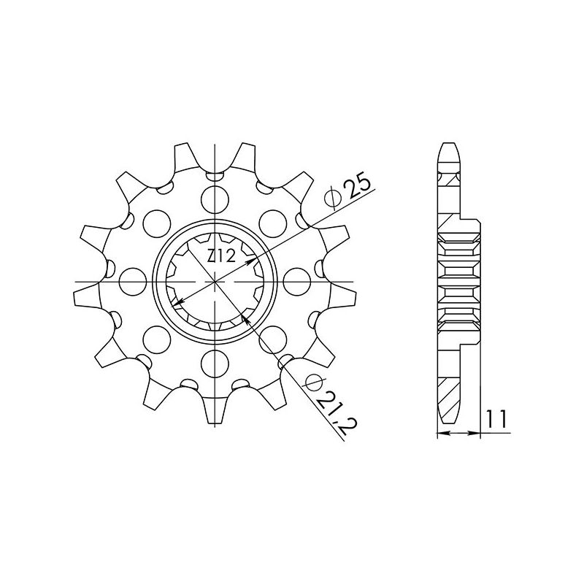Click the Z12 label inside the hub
(219, 256)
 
